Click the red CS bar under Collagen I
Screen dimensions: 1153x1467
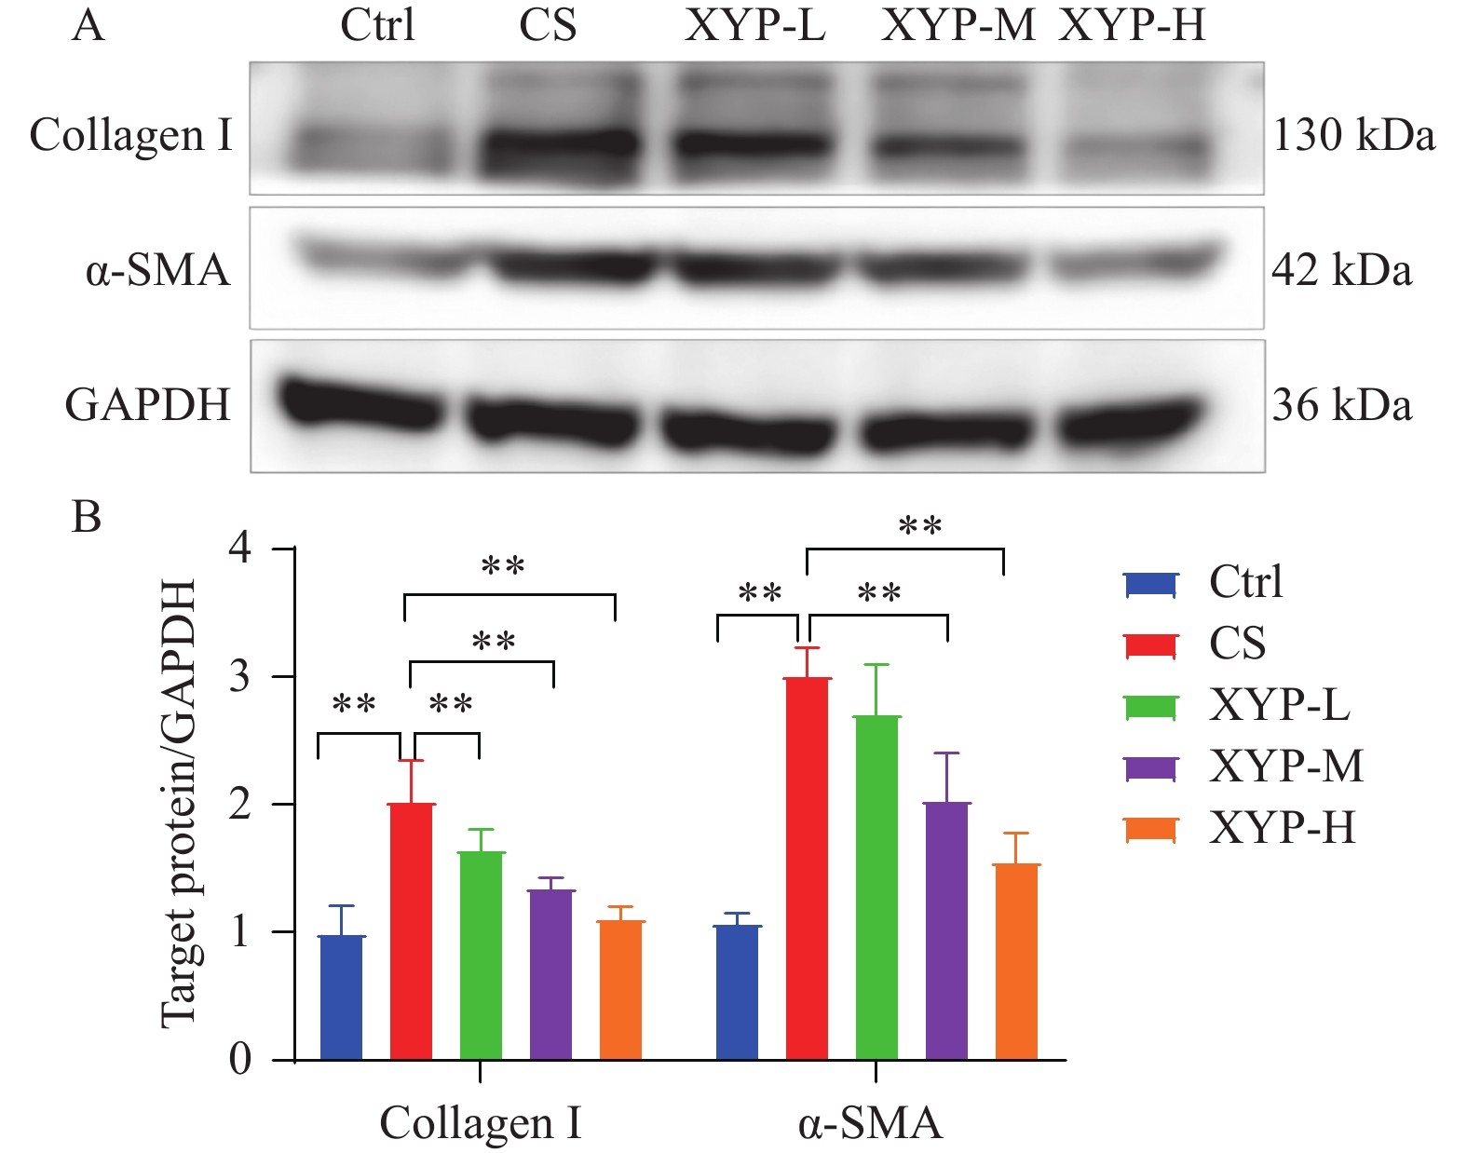[411, 931]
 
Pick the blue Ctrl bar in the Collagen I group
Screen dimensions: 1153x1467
[341, 997]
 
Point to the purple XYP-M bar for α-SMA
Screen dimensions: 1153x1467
[946, 930]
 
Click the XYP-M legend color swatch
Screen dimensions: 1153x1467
[1151, 767]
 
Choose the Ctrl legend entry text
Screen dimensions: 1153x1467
[1245, 582]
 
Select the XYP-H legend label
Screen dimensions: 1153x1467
[1282, 828]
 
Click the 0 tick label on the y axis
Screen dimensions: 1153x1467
[239, 1059]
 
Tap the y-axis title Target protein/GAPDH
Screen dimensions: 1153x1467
[179, 803]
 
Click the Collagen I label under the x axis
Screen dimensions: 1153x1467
[480, 1122]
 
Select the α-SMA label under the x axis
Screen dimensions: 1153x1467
[870, 1122]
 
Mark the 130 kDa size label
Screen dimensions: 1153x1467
[1353, 135]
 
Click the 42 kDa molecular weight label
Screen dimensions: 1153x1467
[1341, 270]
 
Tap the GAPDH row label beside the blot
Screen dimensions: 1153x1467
[147, 405]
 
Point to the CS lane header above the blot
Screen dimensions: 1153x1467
[548, 25]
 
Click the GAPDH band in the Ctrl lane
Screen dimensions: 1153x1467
[360, 404]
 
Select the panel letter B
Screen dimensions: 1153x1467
[87, 516]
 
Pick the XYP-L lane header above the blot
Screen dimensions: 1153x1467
[754, 25]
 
